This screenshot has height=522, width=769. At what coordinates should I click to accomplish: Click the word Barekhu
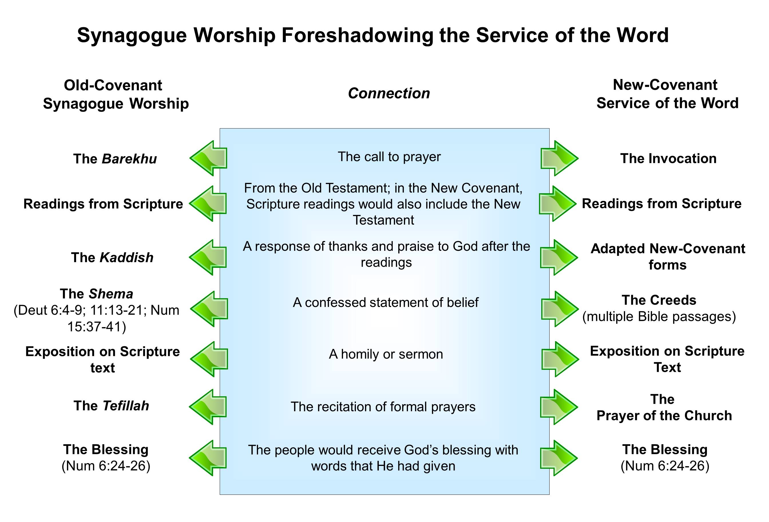[x=129, y=159]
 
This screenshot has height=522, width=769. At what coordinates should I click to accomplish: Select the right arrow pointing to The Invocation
[x=559, y=158]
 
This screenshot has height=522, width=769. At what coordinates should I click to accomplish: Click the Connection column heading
[x=389, y=93]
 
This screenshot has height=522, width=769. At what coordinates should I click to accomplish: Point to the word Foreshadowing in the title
[x=357, y=35]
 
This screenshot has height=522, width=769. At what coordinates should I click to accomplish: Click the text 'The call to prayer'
[x=389, y=157]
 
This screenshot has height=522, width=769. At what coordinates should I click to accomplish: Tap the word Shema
[x=111, y=294]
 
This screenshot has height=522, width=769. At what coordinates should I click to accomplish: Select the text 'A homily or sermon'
[x=386, y=354]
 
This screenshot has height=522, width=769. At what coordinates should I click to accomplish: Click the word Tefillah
[x=126, y=406]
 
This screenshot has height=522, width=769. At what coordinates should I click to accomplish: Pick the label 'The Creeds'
[x=659, y=300]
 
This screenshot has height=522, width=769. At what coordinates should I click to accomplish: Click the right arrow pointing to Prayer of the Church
[x=559, y=407]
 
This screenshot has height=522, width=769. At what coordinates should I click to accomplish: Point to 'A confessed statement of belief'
[x=385, y=302]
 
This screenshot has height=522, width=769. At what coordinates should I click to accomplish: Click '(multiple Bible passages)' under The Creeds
[x=659, y=317]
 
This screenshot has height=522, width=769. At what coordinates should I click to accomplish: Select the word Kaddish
[x=126, y=258]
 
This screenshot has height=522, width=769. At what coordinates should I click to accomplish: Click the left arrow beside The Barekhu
[x=209, y=158]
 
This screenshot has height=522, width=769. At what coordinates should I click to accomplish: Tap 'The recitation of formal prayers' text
[x=383, y=406]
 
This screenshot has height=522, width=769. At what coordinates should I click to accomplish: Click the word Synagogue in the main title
[x=132, y=35]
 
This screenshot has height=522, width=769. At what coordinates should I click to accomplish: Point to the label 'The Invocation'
[x=668, y=159]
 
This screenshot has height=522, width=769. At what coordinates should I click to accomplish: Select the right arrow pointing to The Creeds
[x=560, y=309]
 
